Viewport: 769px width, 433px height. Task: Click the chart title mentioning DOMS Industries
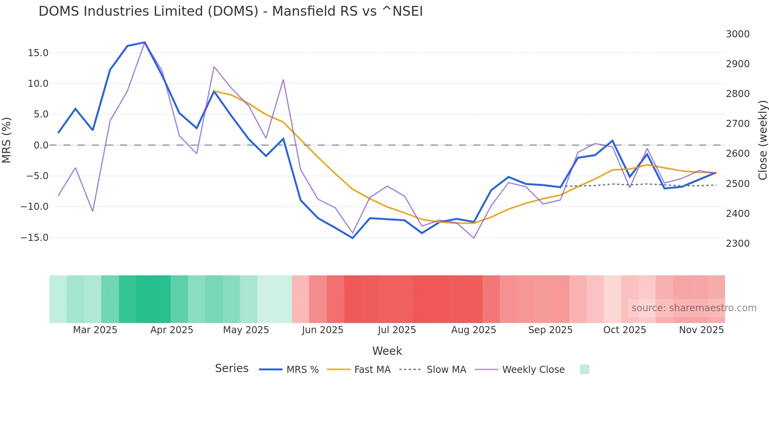point(231,11)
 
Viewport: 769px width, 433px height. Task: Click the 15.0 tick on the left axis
point(38,53)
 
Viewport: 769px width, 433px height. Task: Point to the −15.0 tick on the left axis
point(35,238)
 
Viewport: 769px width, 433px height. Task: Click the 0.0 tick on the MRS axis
point(41,145)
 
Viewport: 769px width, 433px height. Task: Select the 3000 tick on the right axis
point(738,34)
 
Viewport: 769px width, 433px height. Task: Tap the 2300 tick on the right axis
point(738,244)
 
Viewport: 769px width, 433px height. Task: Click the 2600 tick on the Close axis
point(738,154)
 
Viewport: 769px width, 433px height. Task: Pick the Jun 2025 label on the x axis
point(323,330)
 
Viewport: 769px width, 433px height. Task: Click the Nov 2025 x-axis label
point(701,330)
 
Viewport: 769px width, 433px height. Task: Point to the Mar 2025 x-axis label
point(95,330)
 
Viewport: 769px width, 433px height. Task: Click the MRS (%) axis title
point(6,140)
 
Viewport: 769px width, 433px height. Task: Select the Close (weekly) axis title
point(762,140)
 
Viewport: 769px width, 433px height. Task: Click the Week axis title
point(387,351)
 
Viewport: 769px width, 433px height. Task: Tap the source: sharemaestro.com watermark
point(694,308)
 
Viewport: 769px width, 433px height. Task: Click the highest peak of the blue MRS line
point(145,42)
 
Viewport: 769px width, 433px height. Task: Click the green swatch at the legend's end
point(584,370)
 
